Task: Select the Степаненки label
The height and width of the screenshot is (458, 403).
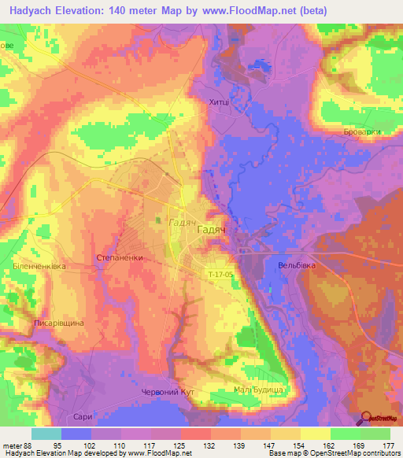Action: (119, 257)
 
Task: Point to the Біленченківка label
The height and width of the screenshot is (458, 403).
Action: (39, 267)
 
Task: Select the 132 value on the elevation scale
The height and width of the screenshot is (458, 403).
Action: (209, 445)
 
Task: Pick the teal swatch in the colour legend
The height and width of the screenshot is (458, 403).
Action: (46, 434)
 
